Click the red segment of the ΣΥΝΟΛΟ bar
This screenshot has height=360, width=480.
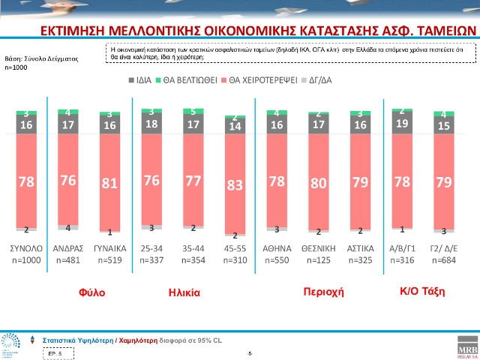point(27,180)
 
